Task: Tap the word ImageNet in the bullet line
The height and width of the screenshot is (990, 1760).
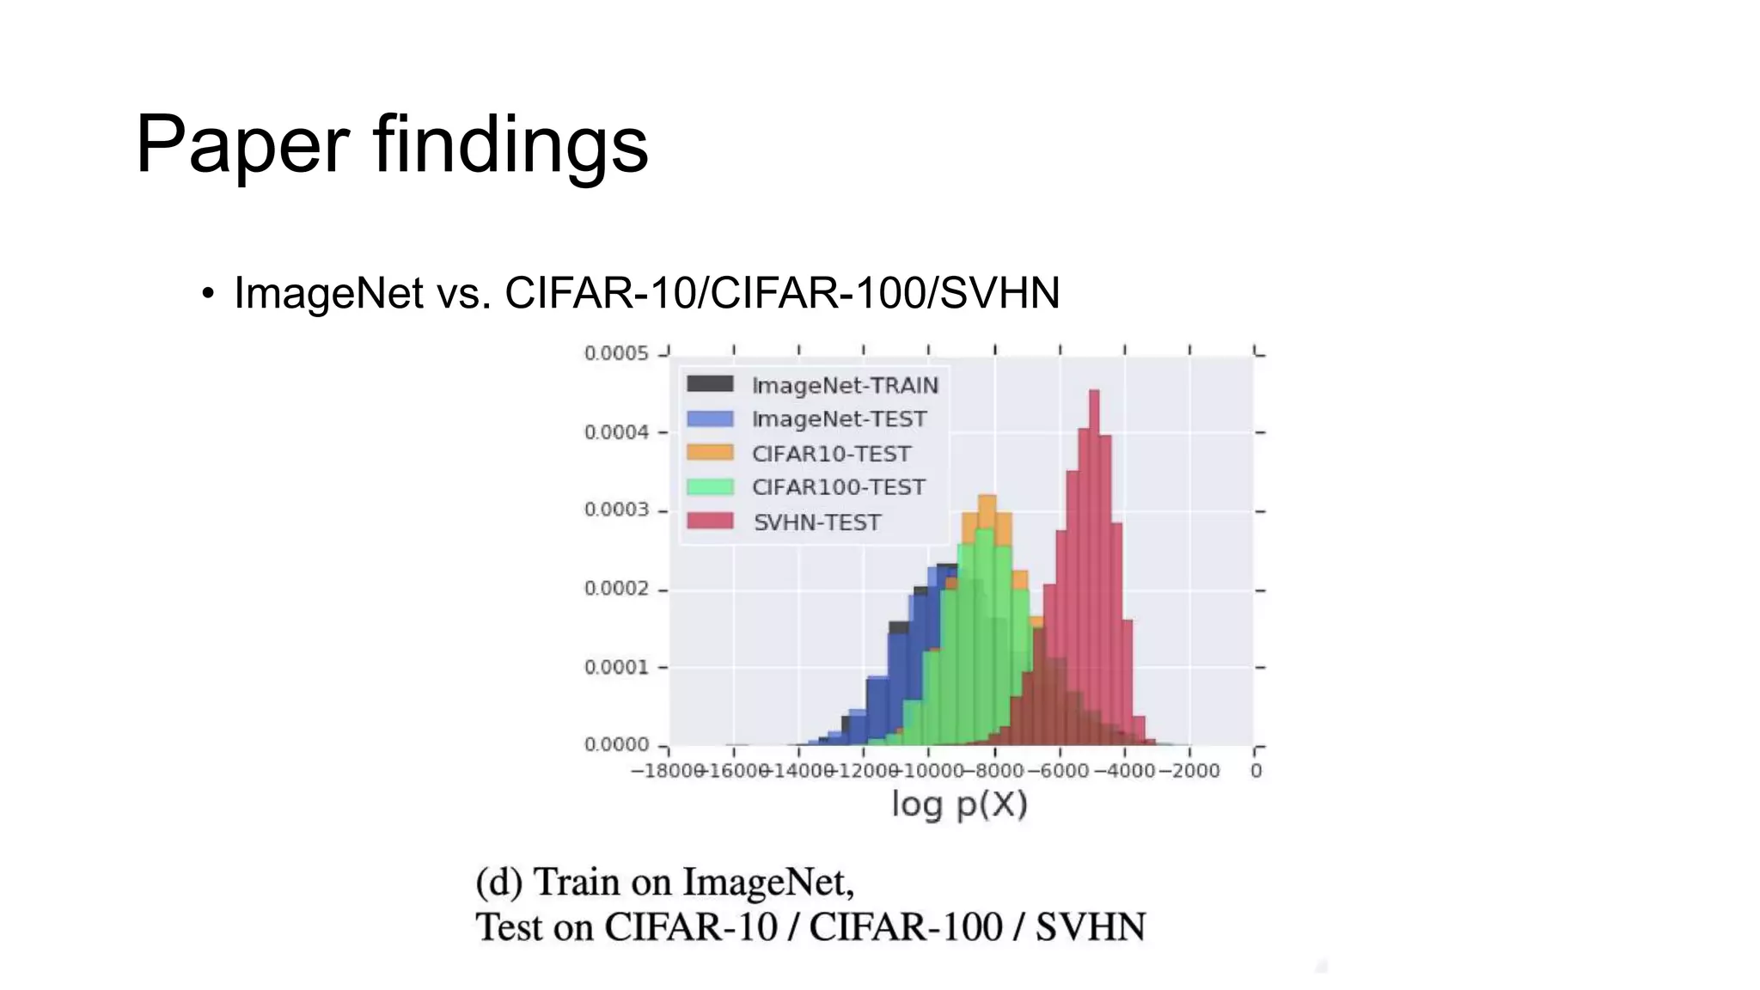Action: point(328,293)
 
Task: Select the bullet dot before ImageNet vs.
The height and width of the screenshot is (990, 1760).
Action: point(207,294)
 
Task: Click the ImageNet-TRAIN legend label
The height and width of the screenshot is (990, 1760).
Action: point(845,386)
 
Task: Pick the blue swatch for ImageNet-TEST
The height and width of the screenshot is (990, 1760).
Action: point(710,419)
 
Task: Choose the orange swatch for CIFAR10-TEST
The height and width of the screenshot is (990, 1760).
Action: point(710,453)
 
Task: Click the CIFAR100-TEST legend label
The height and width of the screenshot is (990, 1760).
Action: point(838,487)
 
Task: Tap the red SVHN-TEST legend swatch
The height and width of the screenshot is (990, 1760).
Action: point(710,522)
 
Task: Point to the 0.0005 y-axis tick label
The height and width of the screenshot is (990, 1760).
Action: point(616,353)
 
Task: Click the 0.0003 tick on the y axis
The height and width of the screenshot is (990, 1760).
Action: point(616,510)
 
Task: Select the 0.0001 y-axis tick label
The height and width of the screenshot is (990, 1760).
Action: point(616,667)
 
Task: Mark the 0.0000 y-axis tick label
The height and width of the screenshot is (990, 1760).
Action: point(616,744)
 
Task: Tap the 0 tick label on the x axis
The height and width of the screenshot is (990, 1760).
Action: point(1256,771)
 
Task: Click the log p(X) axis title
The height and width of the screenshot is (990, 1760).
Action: point(959,804)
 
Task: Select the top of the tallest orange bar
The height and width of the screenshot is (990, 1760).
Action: point(987,498)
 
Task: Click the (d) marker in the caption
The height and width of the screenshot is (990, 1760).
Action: point(498,883)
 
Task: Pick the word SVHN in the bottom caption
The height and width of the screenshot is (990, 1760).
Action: point(1090,927)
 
